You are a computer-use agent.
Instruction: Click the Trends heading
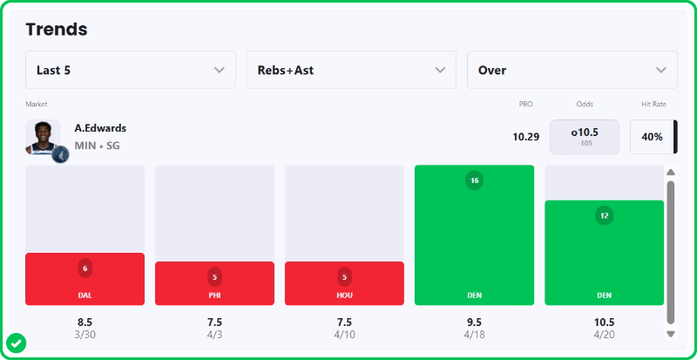click(x=57, y=29)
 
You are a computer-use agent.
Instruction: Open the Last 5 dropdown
click(x=131, y=70)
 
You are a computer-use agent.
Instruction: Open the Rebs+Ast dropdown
click(x=351, y=70)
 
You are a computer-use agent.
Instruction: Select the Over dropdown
click(x=572, y=70)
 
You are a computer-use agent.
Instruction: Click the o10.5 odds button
click(x=584, y=137)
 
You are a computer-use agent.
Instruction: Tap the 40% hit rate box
click(x=652, y=137)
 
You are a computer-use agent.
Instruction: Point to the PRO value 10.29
click(x=525, y=137)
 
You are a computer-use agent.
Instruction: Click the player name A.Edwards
click(x=100, y=128)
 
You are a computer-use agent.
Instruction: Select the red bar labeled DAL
click(x=85, y=279)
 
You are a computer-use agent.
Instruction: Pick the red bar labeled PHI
click(x=214, y=283)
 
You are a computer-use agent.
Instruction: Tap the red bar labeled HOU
click(x=344, y=283)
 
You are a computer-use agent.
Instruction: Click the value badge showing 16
click(x=474, y=180)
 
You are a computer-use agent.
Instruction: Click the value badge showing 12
click(x=604, y=214)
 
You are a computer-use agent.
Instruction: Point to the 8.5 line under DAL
click(x=85, y=322)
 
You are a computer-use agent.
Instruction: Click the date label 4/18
click(x=474, y=334)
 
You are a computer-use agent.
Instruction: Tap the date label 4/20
click(x=604, y=334)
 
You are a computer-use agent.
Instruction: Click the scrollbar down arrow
click(x=671, y=333)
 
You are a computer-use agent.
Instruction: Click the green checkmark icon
click(x=17, y=343)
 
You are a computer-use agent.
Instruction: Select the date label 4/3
click(x=214, y=334)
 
